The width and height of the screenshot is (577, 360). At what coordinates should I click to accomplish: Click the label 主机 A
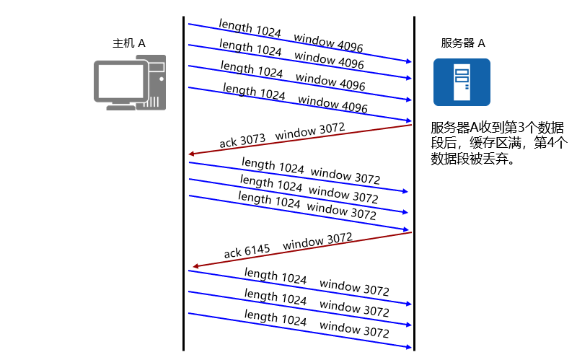click(129, 43)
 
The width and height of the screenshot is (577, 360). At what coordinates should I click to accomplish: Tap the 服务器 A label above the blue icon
click(463, 43)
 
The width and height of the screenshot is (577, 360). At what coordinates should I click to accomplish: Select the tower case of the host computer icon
click(157, 81)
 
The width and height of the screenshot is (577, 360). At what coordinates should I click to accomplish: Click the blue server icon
click(462, 82)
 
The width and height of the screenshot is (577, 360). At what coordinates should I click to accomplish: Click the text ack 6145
click(247, 251)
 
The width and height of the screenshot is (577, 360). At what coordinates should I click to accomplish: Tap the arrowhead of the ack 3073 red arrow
click(190, 154)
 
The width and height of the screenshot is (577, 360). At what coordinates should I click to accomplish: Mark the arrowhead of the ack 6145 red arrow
click(195, 265)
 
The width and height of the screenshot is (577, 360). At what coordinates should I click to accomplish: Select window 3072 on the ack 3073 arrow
click(310, 132)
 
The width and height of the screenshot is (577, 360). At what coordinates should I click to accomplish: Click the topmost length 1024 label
click(250, 30)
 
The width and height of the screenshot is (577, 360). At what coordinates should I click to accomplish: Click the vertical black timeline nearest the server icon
click(414, 216)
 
